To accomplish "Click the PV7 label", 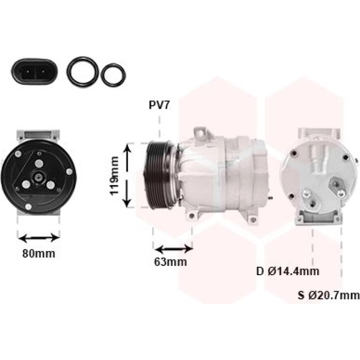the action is coord(159,105).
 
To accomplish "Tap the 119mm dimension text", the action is coord(115,176).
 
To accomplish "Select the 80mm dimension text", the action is coord(39,254).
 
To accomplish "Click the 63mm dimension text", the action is coord(170,262).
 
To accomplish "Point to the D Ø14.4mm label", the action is coord(287,271).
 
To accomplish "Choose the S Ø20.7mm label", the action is coord(329,295).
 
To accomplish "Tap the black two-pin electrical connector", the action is coord(34,71).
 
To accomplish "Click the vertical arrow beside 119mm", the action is coord(127,176).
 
